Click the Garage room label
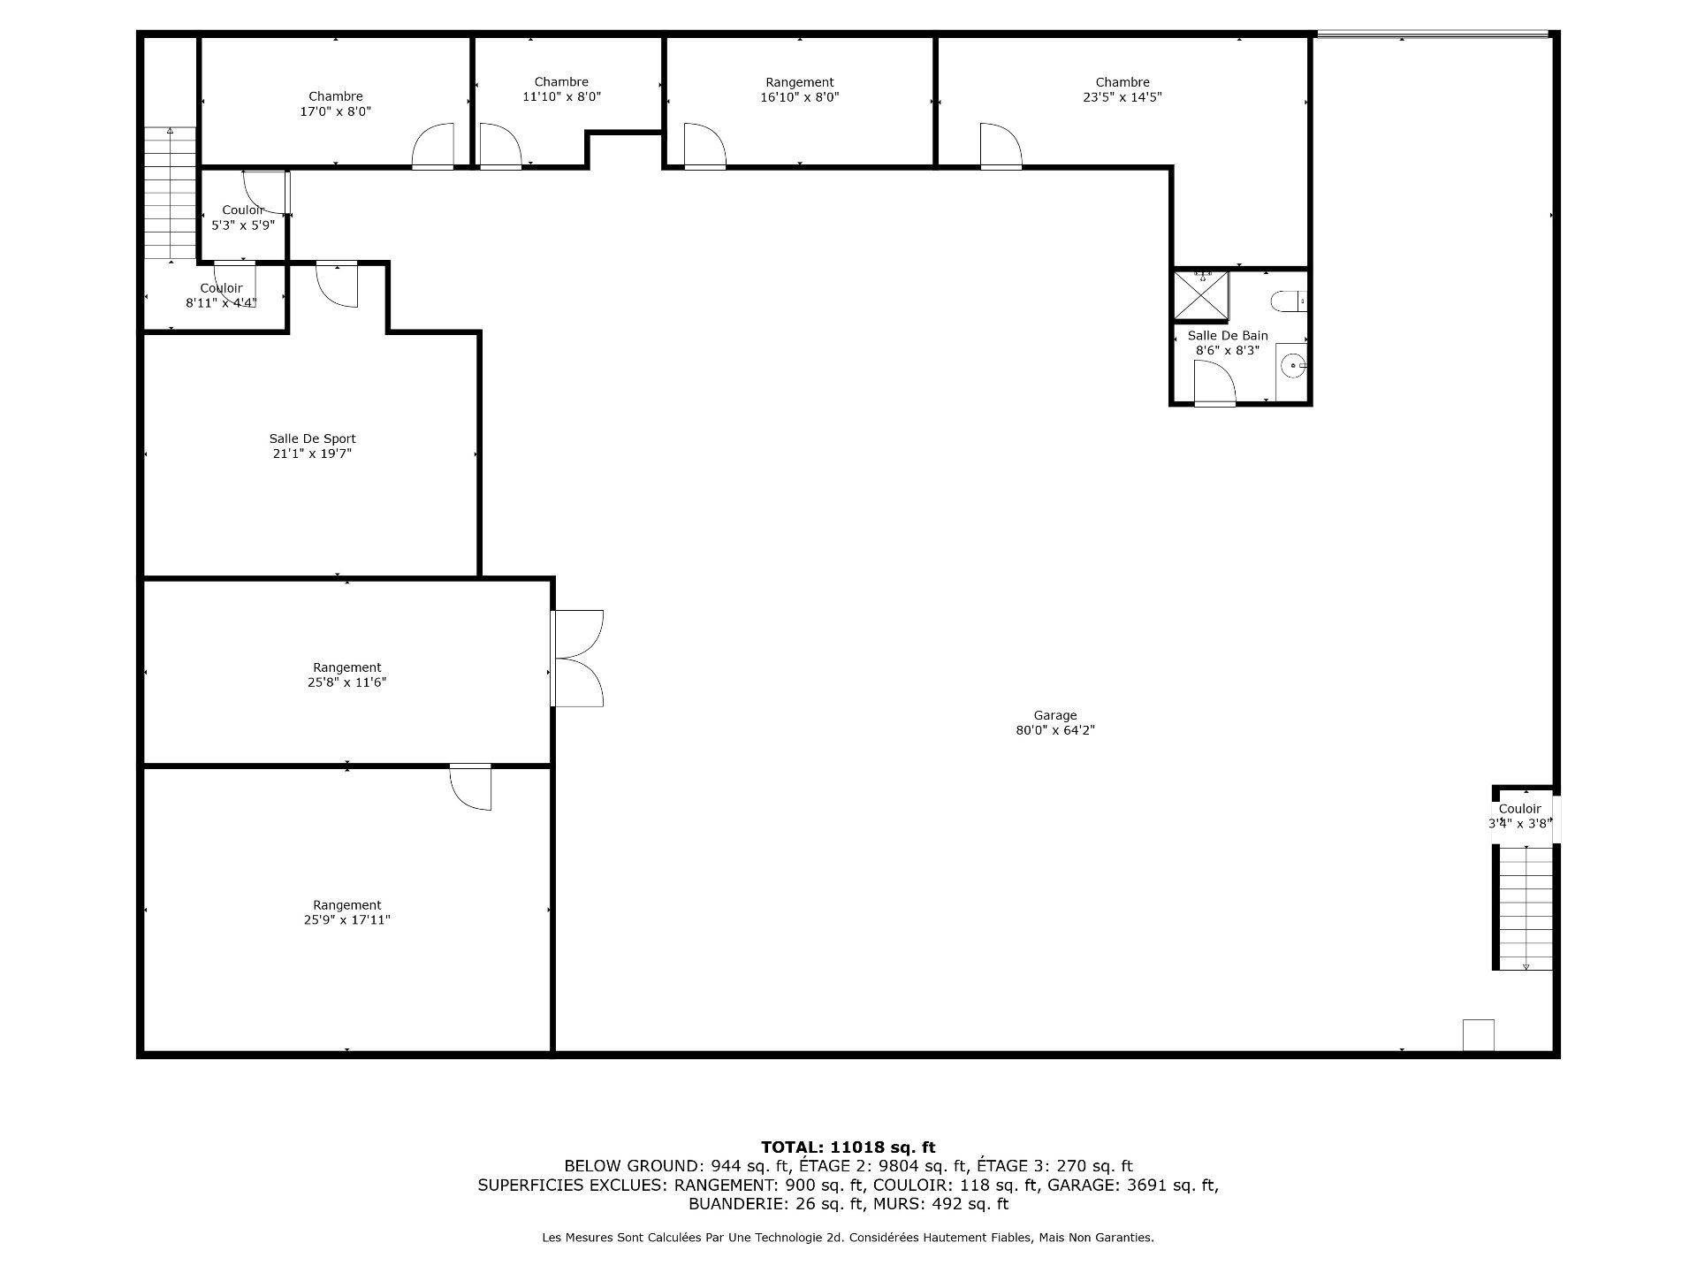click(1055, 715)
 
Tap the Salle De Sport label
click(313, 438)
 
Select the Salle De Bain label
click(1228, 336)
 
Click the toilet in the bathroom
click(1288, 302)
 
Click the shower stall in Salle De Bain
click(1200, 295)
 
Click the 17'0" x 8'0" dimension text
click(336, 112)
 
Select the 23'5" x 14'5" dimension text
click(1122, 98)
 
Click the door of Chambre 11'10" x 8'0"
click(499, 146)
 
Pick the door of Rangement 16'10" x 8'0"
click(704, 146)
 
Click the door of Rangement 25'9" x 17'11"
click(471, 787)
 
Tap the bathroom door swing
click(1214, 382)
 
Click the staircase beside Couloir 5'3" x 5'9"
click(170, 194)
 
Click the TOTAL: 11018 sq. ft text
click(848, 1147)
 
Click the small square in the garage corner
click(1478, 1034)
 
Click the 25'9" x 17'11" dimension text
click(346, 920)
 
